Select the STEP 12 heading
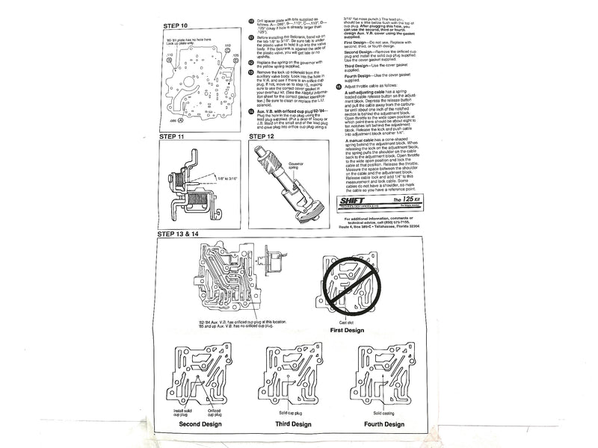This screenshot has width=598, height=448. (267, 138)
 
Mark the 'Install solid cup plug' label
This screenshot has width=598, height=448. (183, 411)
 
